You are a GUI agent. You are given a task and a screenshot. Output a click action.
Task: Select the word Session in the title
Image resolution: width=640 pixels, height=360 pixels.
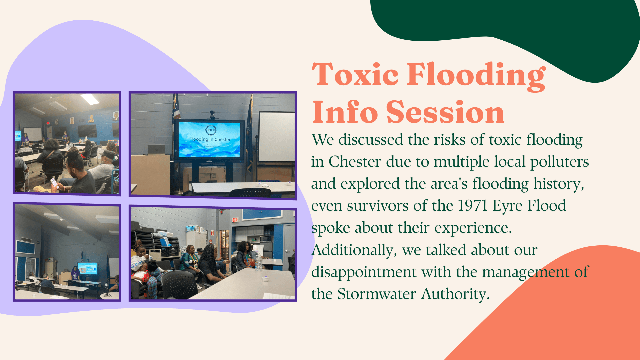pyautogui.click(x=445, y=112)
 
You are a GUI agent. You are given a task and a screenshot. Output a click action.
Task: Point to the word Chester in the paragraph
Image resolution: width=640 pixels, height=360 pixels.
pyautogui.click(x=355, y=162)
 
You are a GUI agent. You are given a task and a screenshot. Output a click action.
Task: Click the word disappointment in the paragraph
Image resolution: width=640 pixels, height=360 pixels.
pyautogui.click(x=364, y=272)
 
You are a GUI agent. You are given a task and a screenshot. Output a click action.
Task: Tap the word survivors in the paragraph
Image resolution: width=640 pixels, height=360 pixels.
pyautogui.click(x=378, y=206)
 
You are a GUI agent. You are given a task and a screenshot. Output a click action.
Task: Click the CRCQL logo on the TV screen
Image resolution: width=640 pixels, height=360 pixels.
pyautogui.click(x=211, y=130)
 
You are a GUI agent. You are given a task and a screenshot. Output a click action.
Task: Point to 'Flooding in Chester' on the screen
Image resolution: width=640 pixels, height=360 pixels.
pyautogui.click(x=210, y=139)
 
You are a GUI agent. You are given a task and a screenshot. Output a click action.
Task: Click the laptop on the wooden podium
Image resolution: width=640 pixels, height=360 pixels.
pyautogui.click(x=156, y=149)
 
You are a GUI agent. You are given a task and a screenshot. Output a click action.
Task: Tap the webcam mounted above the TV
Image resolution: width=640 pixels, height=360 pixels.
pyautogui.click(x=212, y=115)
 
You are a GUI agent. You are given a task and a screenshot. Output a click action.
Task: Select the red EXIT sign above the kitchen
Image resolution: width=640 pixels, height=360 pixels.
pyautogui.click(x=235, y=220)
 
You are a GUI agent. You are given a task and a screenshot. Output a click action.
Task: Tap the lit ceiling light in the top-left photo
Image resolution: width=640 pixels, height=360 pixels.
pyautogui.click(x=90, y=99)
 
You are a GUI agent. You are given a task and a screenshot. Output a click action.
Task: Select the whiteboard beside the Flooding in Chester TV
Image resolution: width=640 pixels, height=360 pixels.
pyautogui.click(x=276, y=137)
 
